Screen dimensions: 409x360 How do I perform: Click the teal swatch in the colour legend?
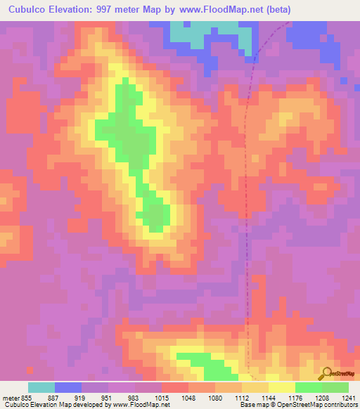click(x=41, y=387)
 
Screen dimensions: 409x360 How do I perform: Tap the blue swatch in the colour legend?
click(x=68, y=387)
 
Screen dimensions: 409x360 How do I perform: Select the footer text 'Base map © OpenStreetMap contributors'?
click(x=298, y=405)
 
